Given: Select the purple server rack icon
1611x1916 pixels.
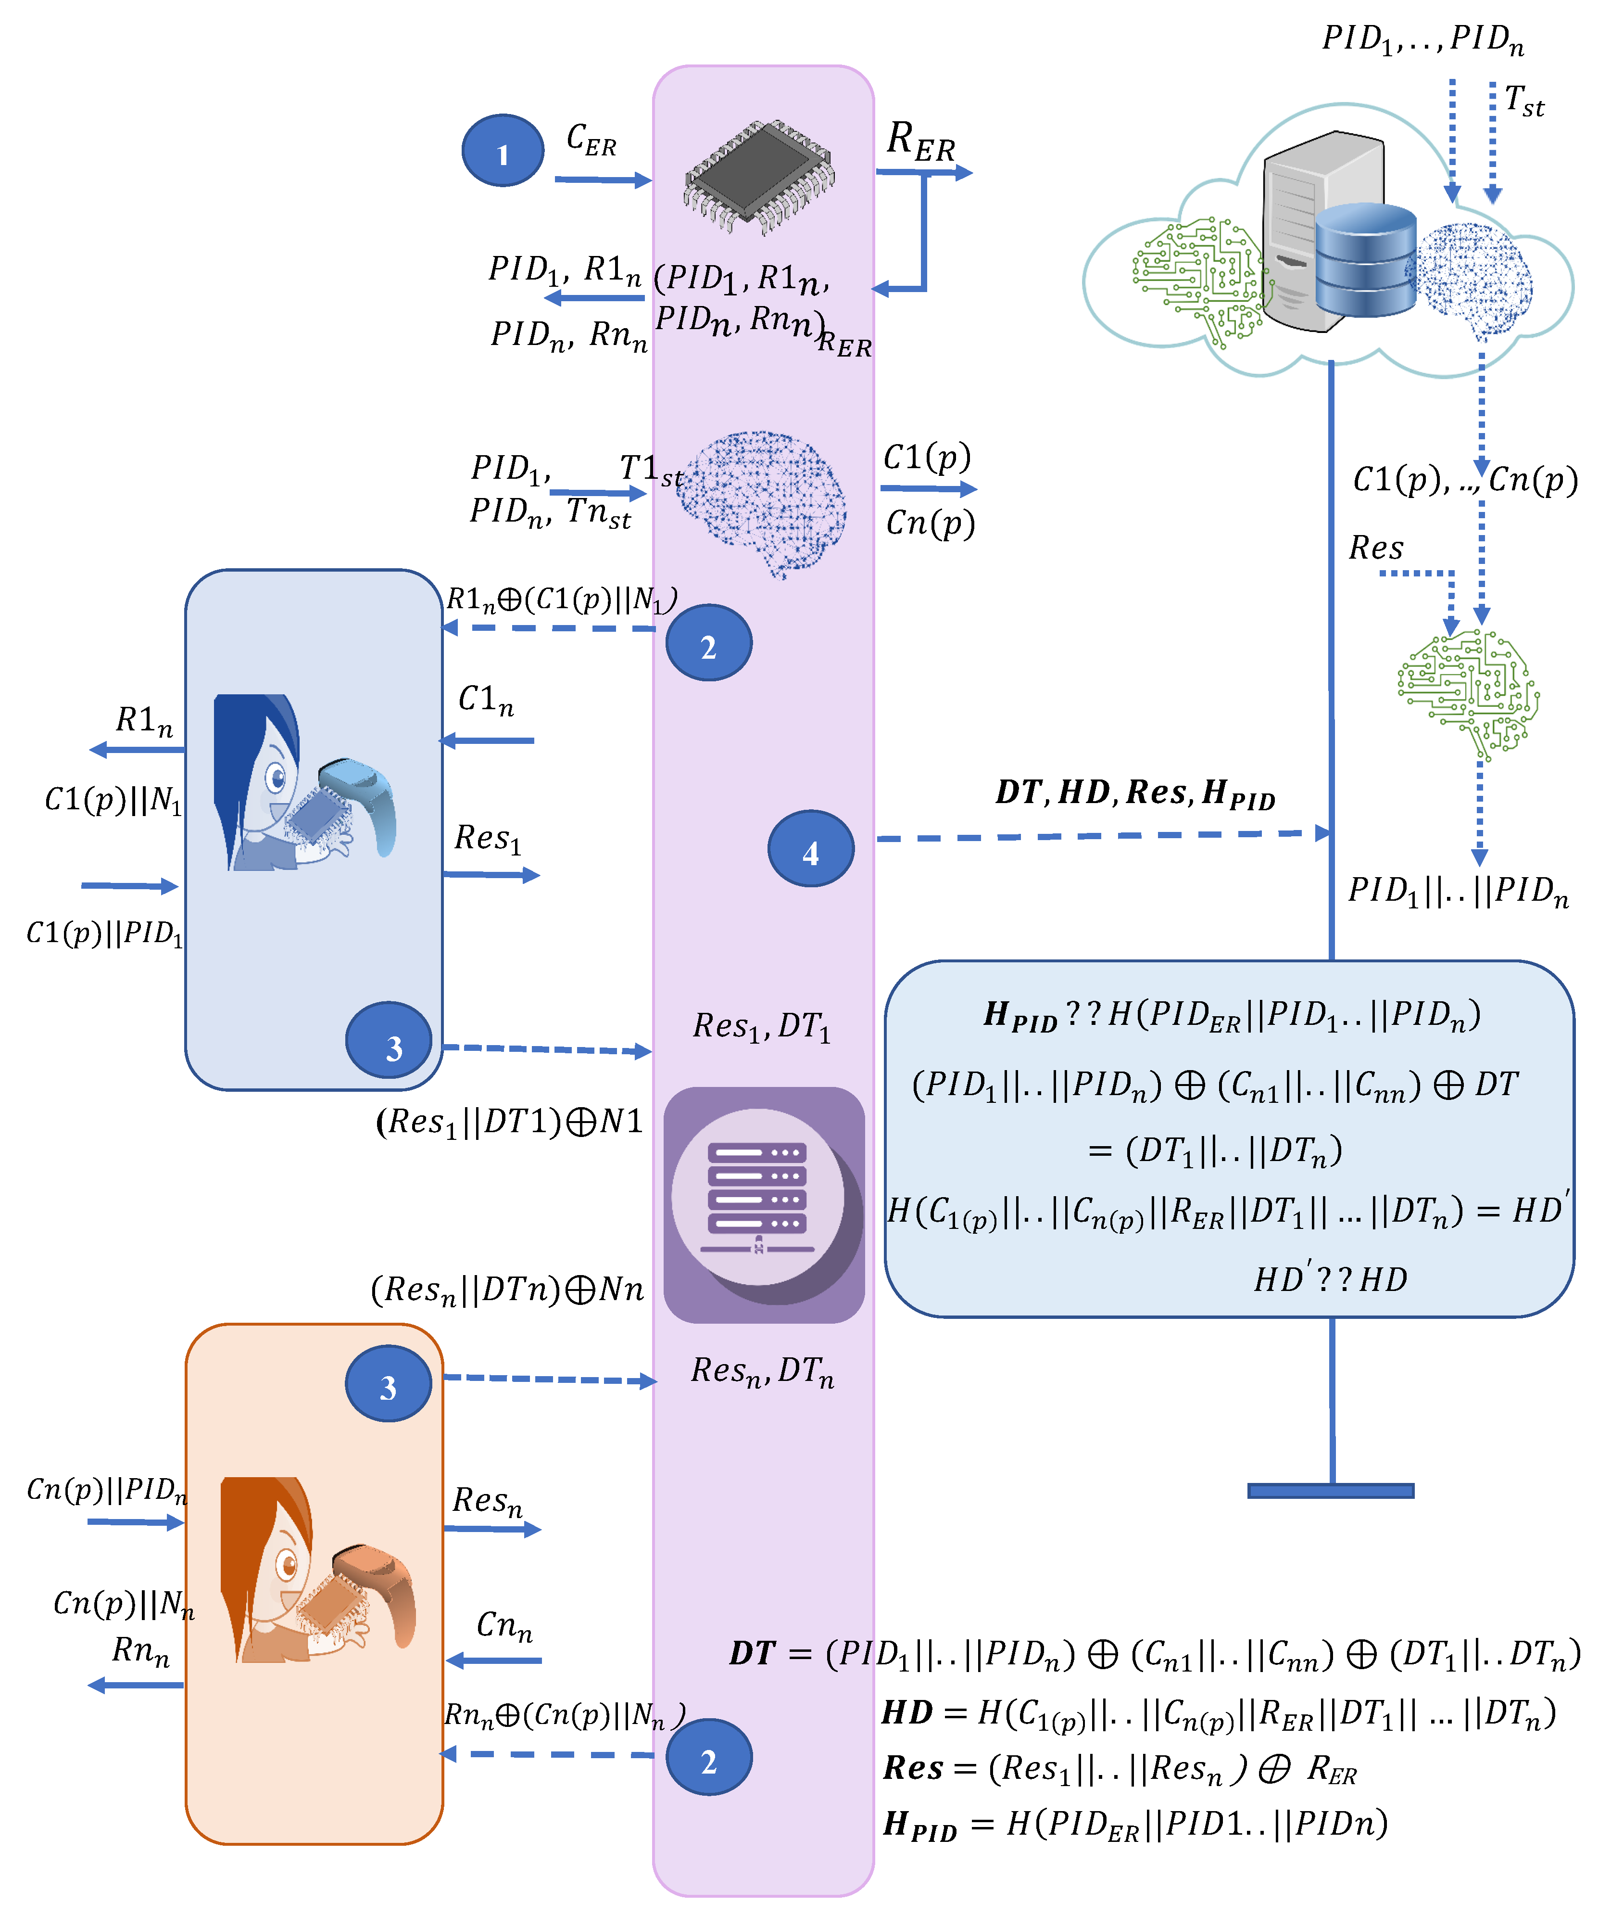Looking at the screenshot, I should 764,1204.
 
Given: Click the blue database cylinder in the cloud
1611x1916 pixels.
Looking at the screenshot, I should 1365,260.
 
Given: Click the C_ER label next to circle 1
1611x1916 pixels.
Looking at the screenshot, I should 591,140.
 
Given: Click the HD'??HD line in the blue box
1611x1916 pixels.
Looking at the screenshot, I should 1331,1277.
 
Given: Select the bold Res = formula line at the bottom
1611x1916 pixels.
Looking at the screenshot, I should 1119,1769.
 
